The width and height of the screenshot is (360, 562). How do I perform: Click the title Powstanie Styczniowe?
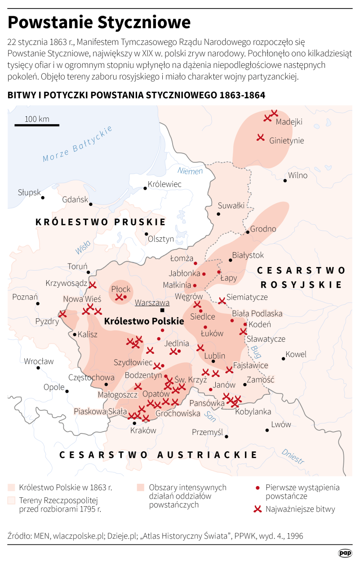(x=99, y=22)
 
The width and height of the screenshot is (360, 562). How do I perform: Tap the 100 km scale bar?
(x=37, y=125)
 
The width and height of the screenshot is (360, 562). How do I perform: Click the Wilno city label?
(x=298, y=175)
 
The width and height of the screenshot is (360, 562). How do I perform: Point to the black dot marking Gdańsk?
(x=91, y=204)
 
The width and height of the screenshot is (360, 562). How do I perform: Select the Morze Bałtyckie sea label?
(x=77, y=144)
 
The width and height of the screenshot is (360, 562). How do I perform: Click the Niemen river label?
(x=190, y=171)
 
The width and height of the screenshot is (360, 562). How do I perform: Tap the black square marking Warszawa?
(x=163, y=311)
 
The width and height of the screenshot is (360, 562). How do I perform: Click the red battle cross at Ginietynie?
(x=260, y=138)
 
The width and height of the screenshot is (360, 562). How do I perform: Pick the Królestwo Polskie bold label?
(x=144, y=321)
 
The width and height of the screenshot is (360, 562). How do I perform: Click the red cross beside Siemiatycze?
(x=222, y=300)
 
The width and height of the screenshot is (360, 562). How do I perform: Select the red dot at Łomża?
(x=196, y=263)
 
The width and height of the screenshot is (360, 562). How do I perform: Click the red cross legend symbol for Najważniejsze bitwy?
(x=257, y=509)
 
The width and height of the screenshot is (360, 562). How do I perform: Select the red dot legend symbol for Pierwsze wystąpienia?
(x=257, y=488)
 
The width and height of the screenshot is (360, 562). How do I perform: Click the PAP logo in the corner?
(x=345, y=553)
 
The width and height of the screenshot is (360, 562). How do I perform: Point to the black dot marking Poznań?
(x=37, y=303)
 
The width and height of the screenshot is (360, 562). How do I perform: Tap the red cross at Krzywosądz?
(x=93, y=285)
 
